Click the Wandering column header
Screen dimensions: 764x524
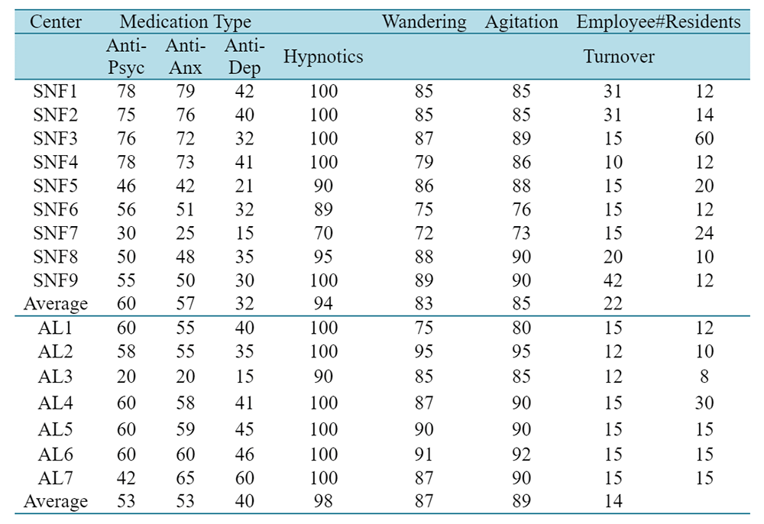click(x=424, y=22)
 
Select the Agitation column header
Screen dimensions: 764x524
click(x=521, y=22)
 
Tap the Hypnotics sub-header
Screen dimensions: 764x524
click(x=323, y=57)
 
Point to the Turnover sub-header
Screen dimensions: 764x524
click(x=619, y=57)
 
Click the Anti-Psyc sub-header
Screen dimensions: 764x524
click(x=126, y=57)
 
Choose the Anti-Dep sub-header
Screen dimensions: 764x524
click(x=244, y=57)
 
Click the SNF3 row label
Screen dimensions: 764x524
click(x=56, y=139)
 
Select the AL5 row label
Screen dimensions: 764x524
click(x=56, y=429)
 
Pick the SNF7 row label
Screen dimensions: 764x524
click(x=56, y=233)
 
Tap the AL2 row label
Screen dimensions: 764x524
click(x=56, y=351)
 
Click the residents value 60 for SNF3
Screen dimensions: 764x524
click(x=704, y=139)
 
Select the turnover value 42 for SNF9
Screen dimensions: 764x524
click(x=613, y=280)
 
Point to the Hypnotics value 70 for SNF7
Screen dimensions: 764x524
click(x=323, y=233)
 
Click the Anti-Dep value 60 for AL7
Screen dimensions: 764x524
click(x=244, y=478)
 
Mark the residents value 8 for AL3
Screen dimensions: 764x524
click(x=704, y=377)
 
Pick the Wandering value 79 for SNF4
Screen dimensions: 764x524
click(x=424, y=162)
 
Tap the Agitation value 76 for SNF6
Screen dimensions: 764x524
click(x=521, y=210)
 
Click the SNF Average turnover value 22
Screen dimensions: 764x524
click(x=613, y=304)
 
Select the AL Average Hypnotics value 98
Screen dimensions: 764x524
click(x=323, y=501)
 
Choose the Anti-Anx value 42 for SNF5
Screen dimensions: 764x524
click(x=185, y=186)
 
